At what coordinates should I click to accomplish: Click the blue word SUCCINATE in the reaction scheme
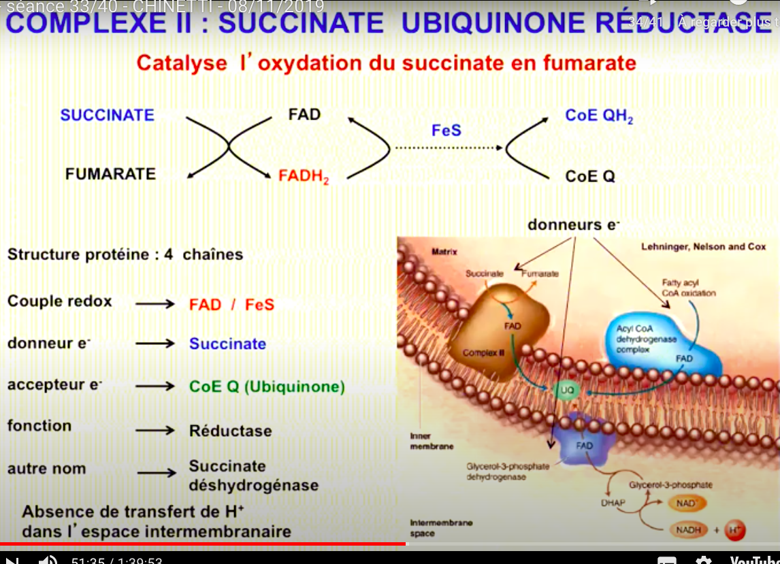pos(108,115)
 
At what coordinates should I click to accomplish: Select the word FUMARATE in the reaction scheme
pos(110,174)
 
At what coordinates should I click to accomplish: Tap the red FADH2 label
pos(304,177)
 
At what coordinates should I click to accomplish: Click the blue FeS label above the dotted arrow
pos(446,130)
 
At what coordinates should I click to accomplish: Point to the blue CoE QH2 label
pos(599,116)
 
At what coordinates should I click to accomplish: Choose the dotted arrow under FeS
pos(449,147)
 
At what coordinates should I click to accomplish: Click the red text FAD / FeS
pos(231,304)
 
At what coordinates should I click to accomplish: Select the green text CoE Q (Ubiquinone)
pos(267,387)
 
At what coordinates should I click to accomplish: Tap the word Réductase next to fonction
pos(230,431)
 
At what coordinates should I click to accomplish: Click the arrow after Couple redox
pos(155,304)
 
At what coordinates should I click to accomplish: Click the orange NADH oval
pos(688,530)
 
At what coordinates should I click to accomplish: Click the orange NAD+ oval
pos(687,503)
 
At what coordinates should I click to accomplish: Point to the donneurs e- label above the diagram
pos(573,225)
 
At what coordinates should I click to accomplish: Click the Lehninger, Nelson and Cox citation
pos(703,247)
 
